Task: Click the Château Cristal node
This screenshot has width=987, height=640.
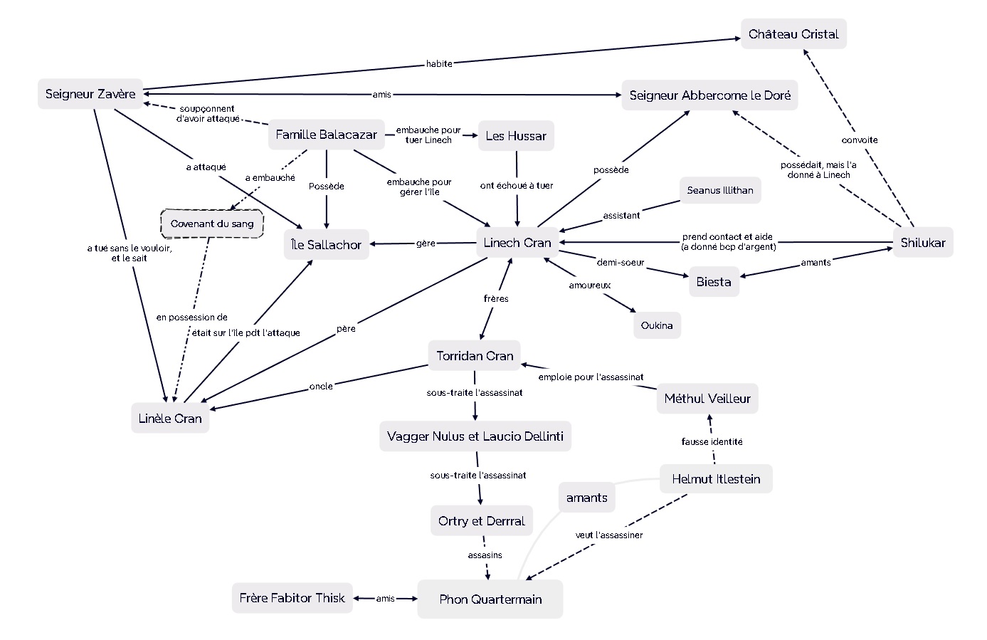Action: [793, 34]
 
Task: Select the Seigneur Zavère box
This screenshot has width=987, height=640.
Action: [90, 94]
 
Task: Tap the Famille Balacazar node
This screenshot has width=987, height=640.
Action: [326, 135]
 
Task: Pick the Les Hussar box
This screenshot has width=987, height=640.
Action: [516, 136]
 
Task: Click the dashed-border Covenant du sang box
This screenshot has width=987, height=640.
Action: [212, 224]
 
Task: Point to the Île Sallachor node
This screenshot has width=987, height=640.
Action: [326, 244]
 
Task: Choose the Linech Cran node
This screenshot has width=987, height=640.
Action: [517, 243]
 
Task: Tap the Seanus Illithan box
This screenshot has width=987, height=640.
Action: [720, 190]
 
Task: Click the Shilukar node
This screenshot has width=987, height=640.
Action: [923, 243]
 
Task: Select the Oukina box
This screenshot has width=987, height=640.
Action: [657, 325]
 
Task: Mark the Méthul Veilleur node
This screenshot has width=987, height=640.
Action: [707, 399]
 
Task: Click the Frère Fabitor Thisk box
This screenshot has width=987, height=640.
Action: [292, 598]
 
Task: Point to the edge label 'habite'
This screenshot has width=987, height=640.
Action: [439, 64]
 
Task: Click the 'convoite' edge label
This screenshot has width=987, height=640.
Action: [860, 140]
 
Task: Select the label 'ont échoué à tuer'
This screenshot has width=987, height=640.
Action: [517, 186]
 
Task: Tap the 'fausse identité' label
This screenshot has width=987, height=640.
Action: [712, 441]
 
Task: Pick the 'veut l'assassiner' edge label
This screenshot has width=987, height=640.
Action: [609, 535]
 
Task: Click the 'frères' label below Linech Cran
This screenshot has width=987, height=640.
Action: [496, 299]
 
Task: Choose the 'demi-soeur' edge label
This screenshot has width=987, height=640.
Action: [621, 263]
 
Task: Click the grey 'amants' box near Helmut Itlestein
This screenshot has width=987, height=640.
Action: [586, 498]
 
